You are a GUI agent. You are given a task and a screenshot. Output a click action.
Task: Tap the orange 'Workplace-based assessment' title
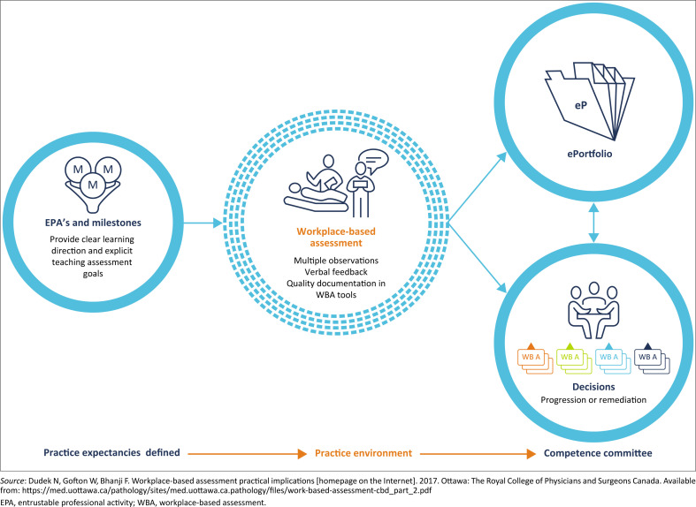[x=334, y=238]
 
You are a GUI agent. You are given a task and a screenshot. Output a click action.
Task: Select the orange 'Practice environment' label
[x=364, y=453]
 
